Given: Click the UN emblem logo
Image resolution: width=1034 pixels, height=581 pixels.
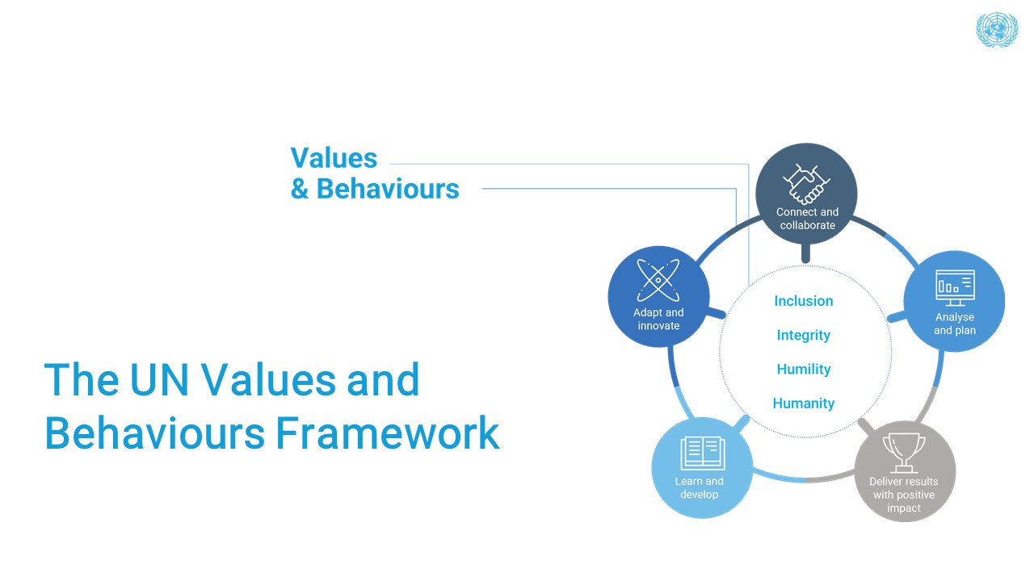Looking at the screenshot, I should tap(997, 30).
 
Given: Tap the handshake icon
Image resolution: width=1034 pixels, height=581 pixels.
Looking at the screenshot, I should tap(806, 185).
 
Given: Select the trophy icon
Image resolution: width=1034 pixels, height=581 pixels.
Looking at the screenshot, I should tap(905, 453).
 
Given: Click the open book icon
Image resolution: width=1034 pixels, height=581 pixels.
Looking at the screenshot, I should tap(702, 454).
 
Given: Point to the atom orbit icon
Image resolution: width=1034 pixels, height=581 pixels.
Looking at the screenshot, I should tap(658, 280).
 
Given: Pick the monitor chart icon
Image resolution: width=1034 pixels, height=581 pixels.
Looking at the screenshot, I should tap(955, 287).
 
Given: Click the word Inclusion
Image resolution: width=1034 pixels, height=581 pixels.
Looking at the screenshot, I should tap(804, 301).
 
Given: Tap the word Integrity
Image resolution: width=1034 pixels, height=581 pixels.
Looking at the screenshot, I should tap(804, 335).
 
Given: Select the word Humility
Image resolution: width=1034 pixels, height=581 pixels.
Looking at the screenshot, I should tap(804, 369).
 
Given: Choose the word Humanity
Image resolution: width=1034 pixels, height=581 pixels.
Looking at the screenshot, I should tap(804, 403).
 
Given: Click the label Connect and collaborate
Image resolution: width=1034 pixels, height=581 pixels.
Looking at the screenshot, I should tap(807, 219).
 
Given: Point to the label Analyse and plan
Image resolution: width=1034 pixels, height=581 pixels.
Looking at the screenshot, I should tap(955, 324).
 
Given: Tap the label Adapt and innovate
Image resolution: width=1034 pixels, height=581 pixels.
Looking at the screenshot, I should tap(658, 319).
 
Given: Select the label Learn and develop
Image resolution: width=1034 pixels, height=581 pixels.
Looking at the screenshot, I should tap(700, 487).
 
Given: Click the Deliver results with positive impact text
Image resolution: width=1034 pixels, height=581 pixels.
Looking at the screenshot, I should tap(904, 495).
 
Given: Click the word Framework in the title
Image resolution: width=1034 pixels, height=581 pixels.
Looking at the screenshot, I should tap(388, 433).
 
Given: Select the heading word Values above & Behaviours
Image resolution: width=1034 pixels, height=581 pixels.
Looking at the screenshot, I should tap(334, 158).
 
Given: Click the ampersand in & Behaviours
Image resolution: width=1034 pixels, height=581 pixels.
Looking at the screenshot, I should tap(300, 189).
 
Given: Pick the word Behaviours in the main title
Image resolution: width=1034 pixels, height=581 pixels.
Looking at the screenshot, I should tap(154, 433).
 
